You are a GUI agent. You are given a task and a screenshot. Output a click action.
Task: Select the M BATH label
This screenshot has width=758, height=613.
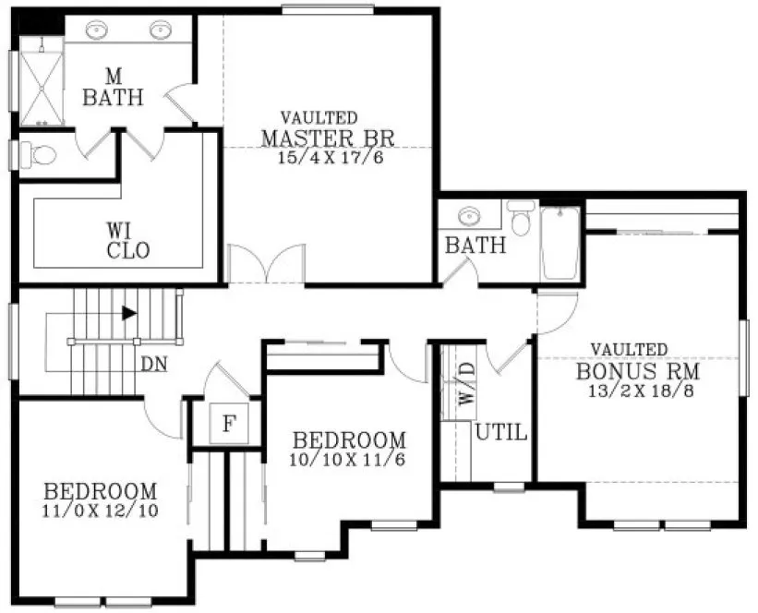[113, 88]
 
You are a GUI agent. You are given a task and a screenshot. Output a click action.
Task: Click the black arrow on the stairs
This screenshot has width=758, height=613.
[129, 313]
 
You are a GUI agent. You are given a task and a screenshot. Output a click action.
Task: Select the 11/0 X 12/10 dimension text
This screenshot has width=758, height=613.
[100, 510]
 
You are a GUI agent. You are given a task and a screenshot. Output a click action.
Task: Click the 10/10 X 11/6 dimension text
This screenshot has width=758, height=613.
[348, 458]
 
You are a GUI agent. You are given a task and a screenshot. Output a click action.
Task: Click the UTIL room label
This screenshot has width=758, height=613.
[501, 431]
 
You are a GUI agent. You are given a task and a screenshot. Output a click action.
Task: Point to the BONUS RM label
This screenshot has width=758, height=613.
[637, 372]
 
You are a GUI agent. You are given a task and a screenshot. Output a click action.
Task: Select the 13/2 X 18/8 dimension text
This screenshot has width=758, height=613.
[637, 391]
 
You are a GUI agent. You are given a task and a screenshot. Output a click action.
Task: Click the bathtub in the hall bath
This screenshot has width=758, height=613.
[559, 243]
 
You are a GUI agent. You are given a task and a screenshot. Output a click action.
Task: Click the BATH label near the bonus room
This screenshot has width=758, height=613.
[475, 246]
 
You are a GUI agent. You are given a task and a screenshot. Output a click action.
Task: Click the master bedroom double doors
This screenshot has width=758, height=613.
[266, 264]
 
